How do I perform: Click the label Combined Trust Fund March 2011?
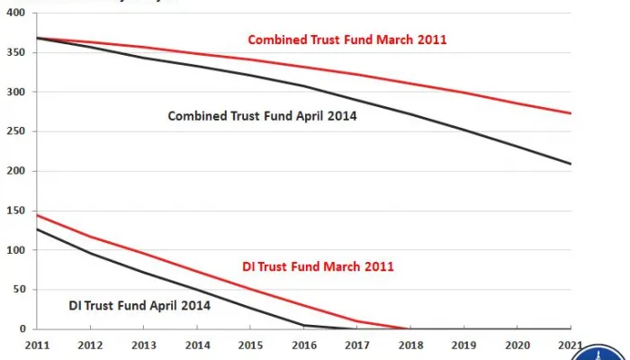(347, 40)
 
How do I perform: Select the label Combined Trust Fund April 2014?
(256, 115)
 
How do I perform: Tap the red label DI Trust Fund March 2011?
(319, 266)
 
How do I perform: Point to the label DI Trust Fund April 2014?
(139, 305)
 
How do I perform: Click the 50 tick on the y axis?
(19, 290)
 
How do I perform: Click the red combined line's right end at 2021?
(571, 112)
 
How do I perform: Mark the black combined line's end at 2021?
(571, 164)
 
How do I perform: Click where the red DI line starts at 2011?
(37, 215)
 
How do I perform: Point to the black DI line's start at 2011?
(37, 229)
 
